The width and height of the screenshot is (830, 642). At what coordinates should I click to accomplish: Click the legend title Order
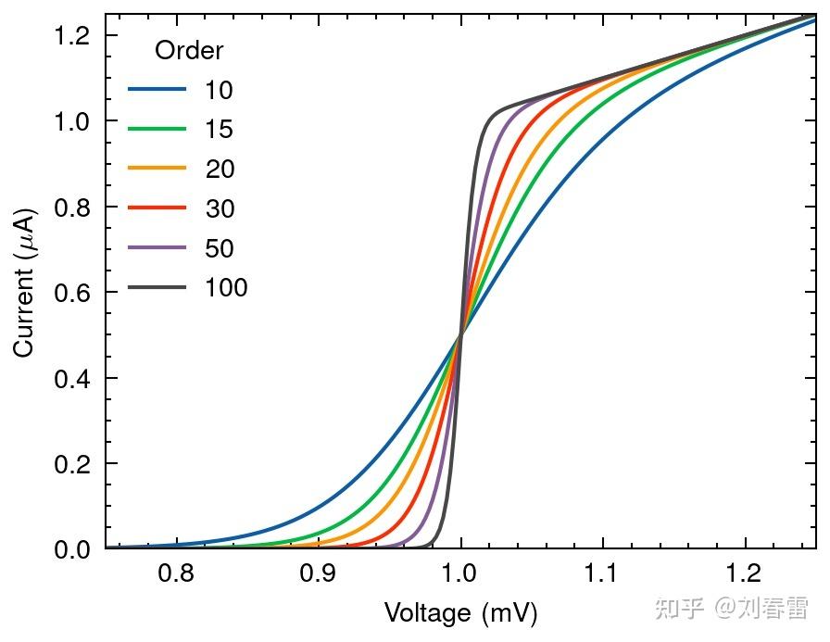pyautogui.click(x=188, y=50)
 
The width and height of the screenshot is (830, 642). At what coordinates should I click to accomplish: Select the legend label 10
pyautogui.click(x=219, y=90)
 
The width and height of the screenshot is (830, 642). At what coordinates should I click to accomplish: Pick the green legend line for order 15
pyautogui.click(x=157, y=130)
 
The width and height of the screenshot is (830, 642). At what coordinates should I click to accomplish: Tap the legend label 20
pyautogui.click(x=219, y=170)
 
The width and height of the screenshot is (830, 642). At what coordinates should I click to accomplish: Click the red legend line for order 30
pyautogui.click(x=157, y=208)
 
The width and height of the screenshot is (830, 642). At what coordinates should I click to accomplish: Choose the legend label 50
pyautogui.click(x=219, y=248)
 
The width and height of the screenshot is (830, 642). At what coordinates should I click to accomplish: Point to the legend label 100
pyautogui.click(x=226, y=288)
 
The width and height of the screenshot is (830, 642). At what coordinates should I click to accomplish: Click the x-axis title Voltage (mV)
pyautogui.click(x=460, y=613)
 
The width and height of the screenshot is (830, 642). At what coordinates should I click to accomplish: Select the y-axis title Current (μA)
pyautogui.click(x=25, y=282)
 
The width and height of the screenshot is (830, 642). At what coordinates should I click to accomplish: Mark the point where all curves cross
pyautogui.click(x=460, y=335)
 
